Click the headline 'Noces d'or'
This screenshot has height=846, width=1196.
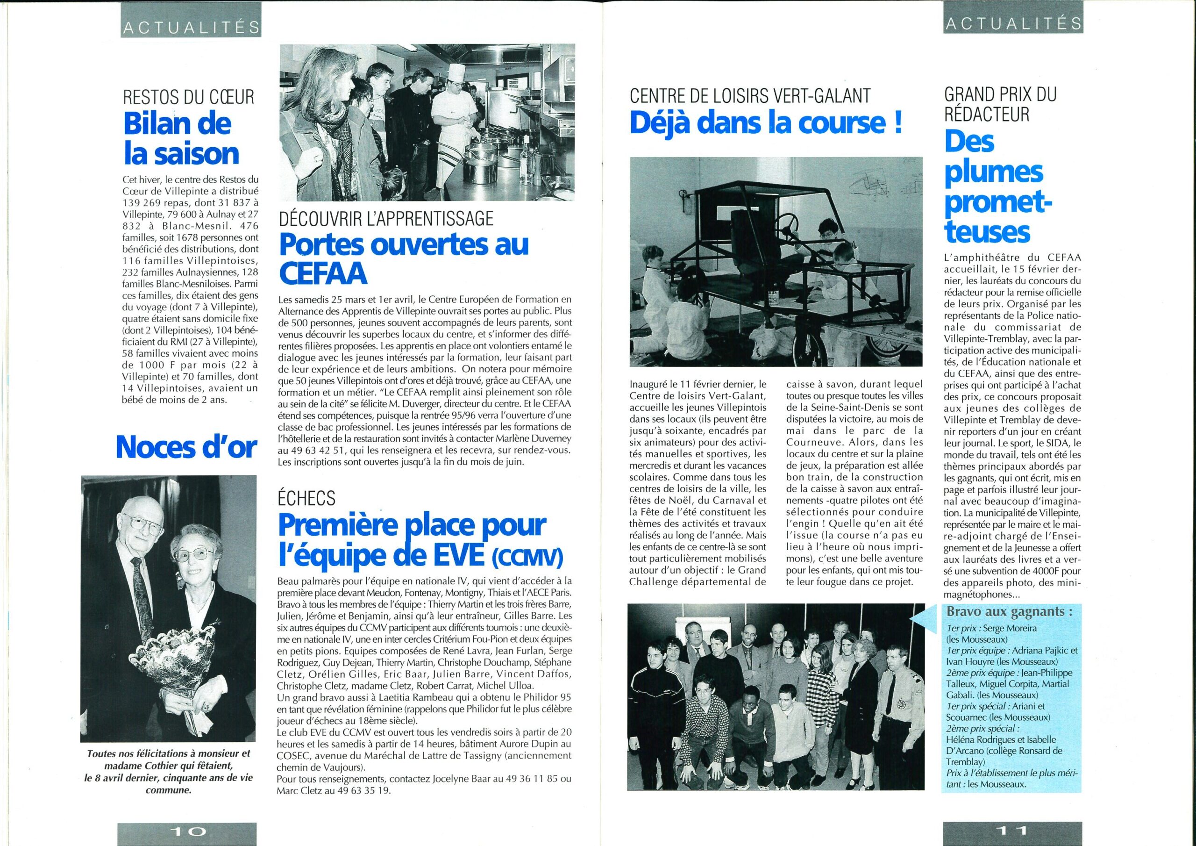point(186,447)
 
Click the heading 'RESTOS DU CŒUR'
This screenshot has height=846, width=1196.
point(189,97)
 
